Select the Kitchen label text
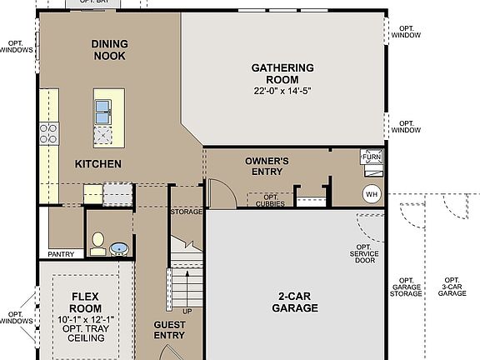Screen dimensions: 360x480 [98, 164]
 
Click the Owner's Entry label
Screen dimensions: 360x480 [267, 166]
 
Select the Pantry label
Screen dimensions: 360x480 [61, 254]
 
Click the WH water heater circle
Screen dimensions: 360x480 [371, 194]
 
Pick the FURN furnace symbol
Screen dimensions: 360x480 [371, 157]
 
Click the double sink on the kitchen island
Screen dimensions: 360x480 [104, 110]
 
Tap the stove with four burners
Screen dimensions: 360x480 [48, 133]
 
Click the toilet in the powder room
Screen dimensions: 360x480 [97, 242]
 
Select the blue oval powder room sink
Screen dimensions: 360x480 [119, 247]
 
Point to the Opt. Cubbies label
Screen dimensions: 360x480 [267, 200]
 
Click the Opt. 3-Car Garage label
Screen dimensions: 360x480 [452, 287]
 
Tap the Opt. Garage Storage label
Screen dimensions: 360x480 [407, 287]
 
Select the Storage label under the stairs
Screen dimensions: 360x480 [187, 212]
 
